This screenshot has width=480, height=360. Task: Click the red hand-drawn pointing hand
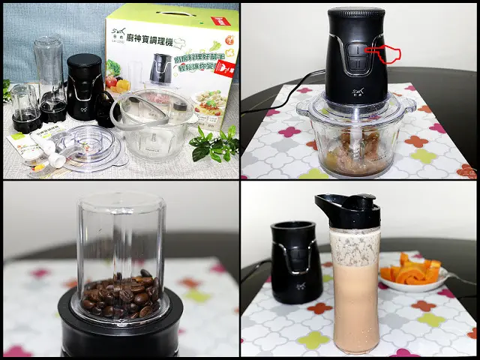(388, 54)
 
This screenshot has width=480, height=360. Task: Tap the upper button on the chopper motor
(357, 51)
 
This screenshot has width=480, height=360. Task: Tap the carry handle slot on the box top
(172, 13)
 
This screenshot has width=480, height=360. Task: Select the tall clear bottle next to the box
(50, 75)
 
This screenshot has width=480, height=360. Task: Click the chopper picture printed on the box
(159, 69)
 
